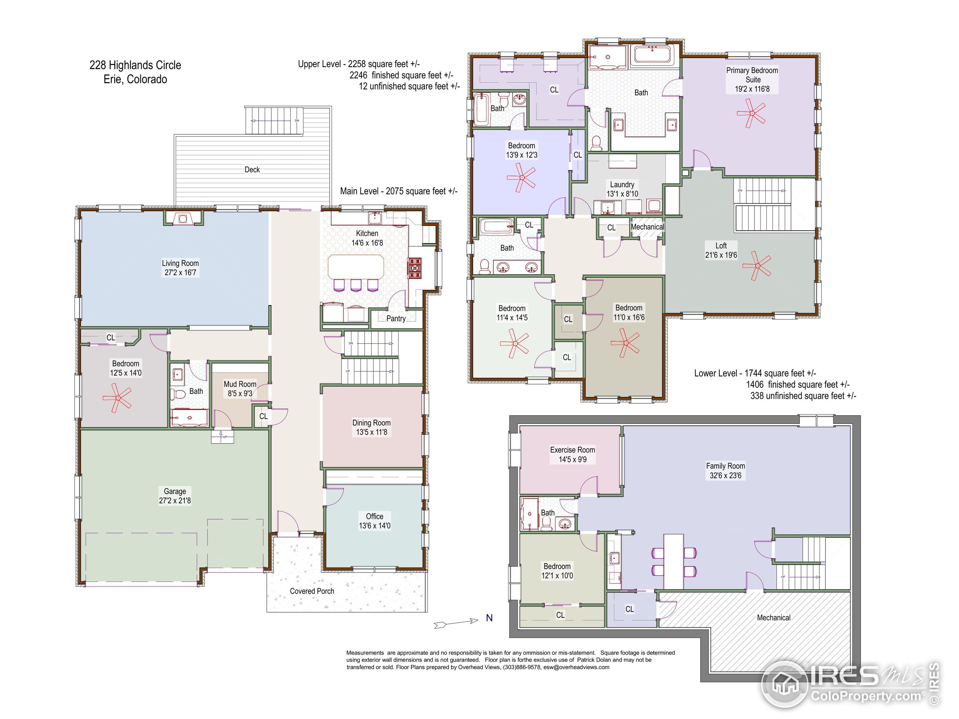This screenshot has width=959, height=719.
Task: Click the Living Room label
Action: pyautogui.click(x=180, y=263)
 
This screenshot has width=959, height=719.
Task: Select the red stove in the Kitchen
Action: pyautogui.click(x=414, y=267)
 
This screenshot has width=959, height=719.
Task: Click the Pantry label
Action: pyautogui.click(x=396, y=319)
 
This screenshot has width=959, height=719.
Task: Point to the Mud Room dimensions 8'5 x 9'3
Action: pyautogui.click(x=240, y=394)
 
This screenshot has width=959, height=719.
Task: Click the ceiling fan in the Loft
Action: pyautogui.click(x=757, y=265)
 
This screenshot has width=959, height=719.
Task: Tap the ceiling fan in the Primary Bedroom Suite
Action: pyautogui.click(x=752, y=113)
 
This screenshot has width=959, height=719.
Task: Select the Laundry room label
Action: pyautogui.click(x=622, y=185)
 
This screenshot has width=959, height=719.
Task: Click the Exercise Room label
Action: pyautogui.click(x=572, y=450)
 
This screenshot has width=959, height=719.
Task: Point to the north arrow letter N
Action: pyautogui.click(x=489, y=618)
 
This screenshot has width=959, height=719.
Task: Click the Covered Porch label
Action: pyautogui.click(x=312, y=591)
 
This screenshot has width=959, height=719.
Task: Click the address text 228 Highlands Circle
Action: pyautogui.click(x=135, y=65)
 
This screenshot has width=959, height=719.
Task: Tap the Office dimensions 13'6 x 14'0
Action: pyautogui.click(x=375, y=526)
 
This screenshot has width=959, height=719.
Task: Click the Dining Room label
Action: pyautogui.click(x=372, y=422)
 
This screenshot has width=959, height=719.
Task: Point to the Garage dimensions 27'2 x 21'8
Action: pyautogui.click(x=175, y=501)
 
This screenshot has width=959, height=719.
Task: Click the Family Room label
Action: pyautogui.click(x=725, y=466)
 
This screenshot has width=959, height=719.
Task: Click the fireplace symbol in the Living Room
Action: pyautogui.click(x=183, y=218)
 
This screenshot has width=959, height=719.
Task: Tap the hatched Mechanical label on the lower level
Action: pyautogui.click(x=774, y=618)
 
